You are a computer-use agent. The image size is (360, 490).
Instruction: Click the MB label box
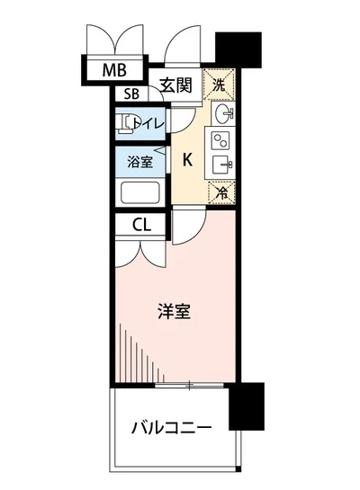(113, 70)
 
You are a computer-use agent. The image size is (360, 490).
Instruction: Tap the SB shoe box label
(130, 94)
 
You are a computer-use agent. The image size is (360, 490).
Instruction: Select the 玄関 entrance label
(176, 86)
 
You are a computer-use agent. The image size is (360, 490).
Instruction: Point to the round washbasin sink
(224, 114)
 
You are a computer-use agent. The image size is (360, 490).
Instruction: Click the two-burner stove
(220, 140)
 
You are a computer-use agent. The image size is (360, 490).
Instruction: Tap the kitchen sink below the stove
(221, 165)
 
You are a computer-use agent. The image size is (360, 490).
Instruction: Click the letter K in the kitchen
(187, 160)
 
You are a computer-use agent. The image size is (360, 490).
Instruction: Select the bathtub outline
(139, 193)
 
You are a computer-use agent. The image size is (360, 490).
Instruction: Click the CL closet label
(141, 225)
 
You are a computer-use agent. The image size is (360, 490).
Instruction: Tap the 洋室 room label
(173, 312)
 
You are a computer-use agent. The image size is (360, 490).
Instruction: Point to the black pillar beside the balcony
(246, 405)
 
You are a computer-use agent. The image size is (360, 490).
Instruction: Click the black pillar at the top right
(238, 50)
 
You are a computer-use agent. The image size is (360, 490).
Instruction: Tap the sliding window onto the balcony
(190, 385)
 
